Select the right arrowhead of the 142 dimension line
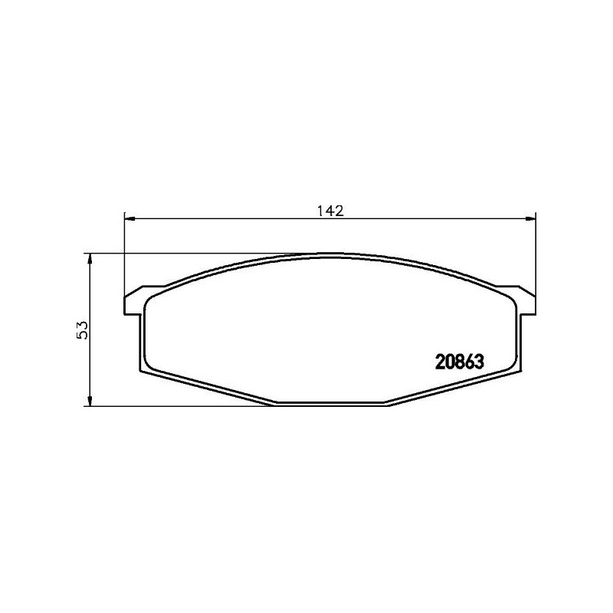coord(529,220)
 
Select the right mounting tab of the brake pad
coord(526,303)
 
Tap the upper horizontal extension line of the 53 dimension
coord(192,254)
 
